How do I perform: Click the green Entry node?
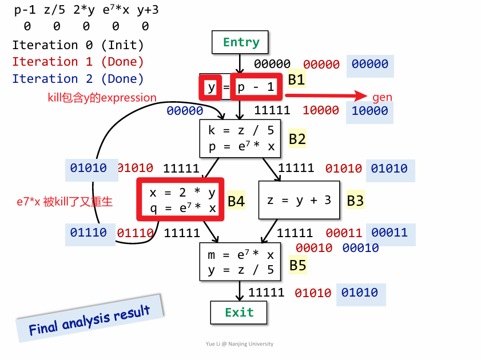[240, 42]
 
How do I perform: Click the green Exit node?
[239, 313]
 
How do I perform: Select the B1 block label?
[296, 79]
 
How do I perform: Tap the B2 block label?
[297, 139]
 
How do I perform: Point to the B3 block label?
[355, 200]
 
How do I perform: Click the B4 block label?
[236, 201]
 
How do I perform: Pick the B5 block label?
[298, 265]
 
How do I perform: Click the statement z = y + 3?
[299, 200]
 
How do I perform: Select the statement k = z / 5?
[241, 131]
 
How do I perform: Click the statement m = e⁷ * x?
[241, 255]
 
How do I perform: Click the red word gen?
[382, 97]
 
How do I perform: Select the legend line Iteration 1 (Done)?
[78, 62]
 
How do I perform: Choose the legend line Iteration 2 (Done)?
[78, 79]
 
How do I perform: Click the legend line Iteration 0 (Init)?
[78, 45]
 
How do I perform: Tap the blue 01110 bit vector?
[88, 233]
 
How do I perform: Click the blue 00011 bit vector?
[389, 233]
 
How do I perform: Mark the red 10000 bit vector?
[321, 110]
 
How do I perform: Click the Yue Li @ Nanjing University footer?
[240, 344]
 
